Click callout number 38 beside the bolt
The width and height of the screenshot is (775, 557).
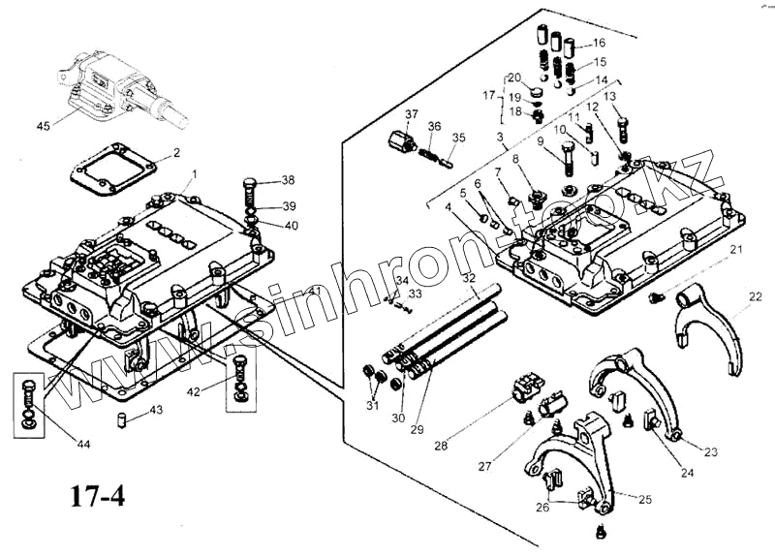[x=288, y=181]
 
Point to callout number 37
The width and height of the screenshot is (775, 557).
[x=412, y=114]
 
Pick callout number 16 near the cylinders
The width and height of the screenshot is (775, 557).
[x=599, y=43]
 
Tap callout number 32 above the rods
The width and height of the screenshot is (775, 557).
[x=469, y=278]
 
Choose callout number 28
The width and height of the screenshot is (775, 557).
[x=441, y=446]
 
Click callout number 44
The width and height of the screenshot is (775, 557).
[x=84, y=444]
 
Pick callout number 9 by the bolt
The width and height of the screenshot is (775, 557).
[x=541, y=142]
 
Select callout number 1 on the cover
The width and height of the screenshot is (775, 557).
[x=195, y=173]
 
